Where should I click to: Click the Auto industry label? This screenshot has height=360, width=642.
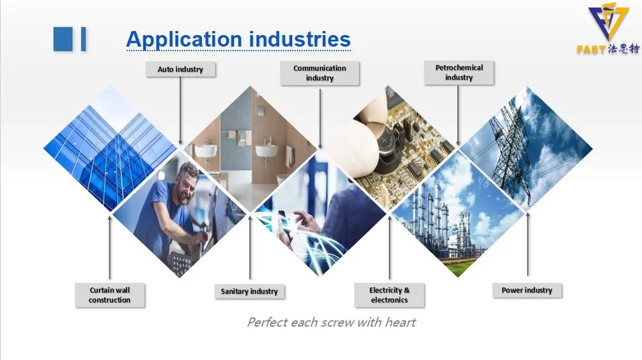click(180, 69)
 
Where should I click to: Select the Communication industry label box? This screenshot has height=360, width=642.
click(319, 73)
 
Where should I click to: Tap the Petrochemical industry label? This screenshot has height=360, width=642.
click(459, 73)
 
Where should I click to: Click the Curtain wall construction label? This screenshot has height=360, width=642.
click(109, 295)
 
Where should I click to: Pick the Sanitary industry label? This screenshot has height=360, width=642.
click(249, 292)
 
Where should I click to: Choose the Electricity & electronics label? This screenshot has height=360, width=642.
click(389, 295)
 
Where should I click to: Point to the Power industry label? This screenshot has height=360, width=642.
click(527, 290)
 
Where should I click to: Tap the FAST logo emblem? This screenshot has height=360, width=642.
click(608, 22)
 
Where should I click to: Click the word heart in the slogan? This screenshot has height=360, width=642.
click(400, 322)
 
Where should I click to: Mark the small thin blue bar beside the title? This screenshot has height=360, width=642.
click(83, 39)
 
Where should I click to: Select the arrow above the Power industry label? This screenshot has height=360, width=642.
click(528, 242)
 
